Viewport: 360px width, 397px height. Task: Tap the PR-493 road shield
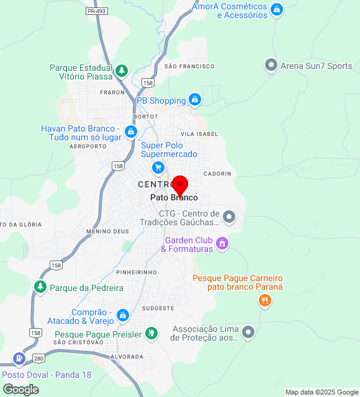tap(96, 11)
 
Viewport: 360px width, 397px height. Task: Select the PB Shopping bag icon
tap(195, 99)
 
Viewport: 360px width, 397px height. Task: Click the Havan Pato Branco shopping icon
tap(130, 132)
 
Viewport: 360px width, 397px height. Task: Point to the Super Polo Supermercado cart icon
tap(158, 167)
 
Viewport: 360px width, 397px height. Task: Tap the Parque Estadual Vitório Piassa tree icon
tap(122, 71)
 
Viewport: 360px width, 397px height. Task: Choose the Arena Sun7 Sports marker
tap(271, 65)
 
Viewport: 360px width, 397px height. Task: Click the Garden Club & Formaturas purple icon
tap(223, 243)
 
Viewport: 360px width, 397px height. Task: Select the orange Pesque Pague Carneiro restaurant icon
tap(264, 301)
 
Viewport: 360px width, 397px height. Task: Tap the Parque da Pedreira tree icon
tap(40, 287)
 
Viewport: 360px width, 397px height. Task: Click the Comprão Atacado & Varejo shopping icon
tap(123, 315)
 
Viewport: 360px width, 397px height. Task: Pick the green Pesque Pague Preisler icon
tap(151, 334)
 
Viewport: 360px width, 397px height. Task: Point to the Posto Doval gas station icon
tap(19, 359)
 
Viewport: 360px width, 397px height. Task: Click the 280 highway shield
tap(39, 359)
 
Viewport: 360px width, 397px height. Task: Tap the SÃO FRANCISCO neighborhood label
tap(189, 66)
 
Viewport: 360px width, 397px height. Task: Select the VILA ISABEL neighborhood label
tap(199, 134)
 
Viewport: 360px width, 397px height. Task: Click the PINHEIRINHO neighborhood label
tap(136, 272)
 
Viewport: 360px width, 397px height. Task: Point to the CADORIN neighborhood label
tap(217, 174)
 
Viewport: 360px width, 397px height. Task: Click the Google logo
tap(20, 390)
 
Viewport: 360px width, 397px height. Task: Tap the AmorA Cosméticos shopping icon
tap(277, 9)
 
